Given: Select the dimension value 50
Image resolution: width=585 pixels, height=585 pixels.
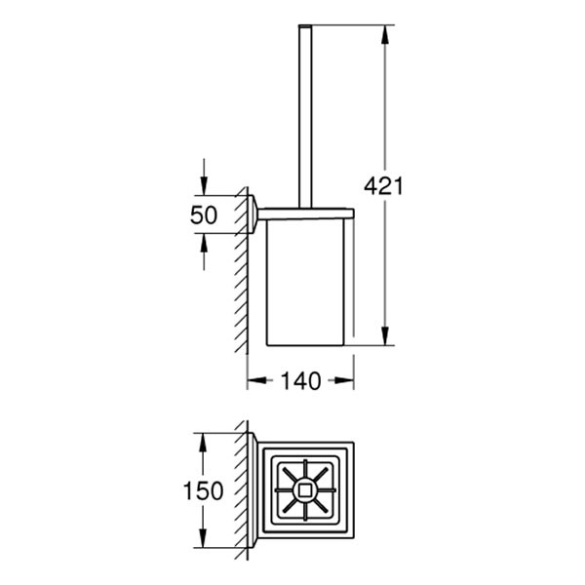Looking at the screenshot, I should [203, 216].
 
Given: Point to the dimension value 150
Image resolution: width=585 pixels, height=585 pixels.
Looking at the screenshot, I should [203, 490].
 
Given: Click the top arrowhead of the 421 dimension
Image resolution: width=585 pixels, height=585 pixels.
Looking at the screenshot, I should [387, 30].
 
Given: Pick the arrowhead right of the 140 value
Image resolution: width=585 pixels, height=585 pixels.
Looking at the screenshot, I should [346, 382].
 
